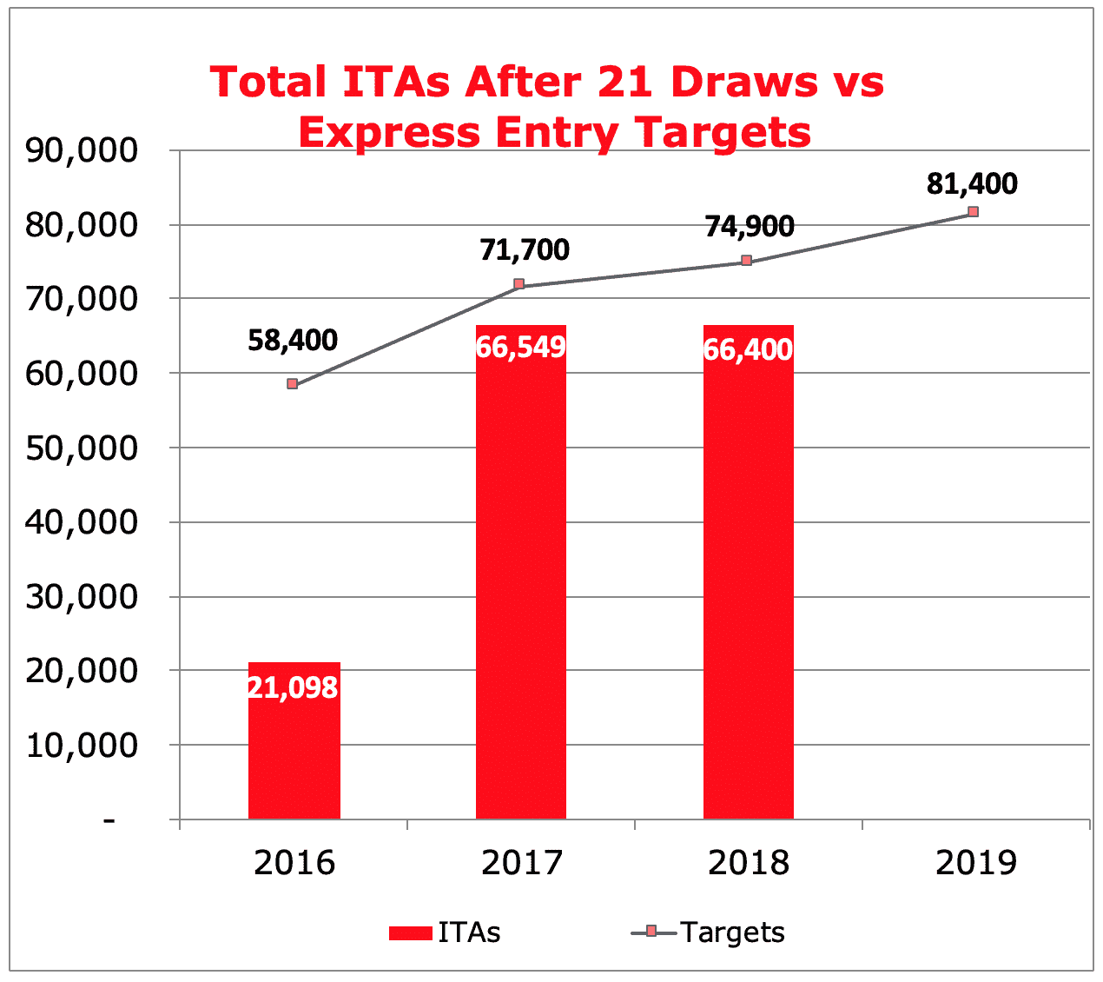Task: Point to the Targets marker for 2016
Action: click(x=293, y=383)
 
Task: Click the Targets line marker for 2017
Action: click(x=519, y=284)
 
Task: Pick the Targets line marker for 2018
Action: click(x=747, y=261)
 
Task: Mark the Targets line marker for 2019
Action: click(x=974, y=212)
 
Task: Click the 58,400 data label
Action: click(x=293, y=341)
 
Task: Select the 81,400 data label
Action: click(x=972, y=184)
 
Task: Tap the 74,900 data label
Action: click(x=750, y=227)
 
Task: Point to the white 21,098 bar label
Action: click(x=293, y=688)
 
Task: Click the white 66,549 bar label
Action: click(x=521, y=348)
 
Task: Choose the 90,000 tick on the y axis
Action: click(x=82, y=150)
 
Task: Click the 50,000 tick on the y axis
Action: click(x=82, y=448)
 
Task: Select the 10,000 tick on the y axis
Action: click(x=82, y=746)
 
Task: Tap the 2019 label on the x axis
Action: click(x=976, y=864)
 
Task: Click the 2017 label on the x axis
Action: click(x=521, y=864)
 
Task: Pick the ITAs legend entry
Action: click(x=445, y=932)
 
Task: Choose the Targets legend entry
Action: click(x=708, y=932)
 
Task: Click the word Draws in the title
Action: click(x=744, y=83)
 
